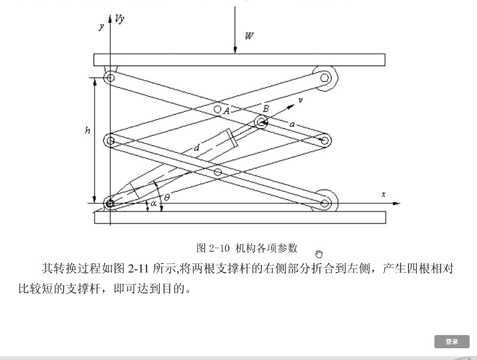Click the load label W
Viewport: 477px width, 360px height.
(249, 36)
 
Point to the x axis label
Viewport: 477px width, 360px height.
(383, 194)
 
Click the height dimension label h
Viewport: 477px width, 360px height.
(87, 131)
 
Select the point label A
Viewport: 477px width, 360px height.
(226, 111)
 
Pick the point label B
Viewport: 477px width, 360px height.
(266, 108)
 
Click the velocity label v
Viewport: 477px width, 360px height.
(300, 100)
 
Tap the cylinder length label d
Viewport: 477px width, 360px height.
(196, 147)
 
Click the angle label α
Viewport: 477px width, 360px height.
(153, 203)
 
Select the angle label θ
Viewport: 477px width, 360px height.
(167, 197)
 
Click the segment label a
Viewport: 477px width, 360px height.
(292, 124)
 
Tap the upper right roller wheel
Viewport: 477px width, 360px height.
(324, 77)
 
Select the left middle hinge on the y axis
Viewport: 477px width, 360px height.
(110, 141)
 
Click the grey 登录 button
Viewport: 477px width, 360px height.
(452, 342)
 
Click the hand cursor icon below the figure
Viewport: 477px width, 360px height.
(319, 254)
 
